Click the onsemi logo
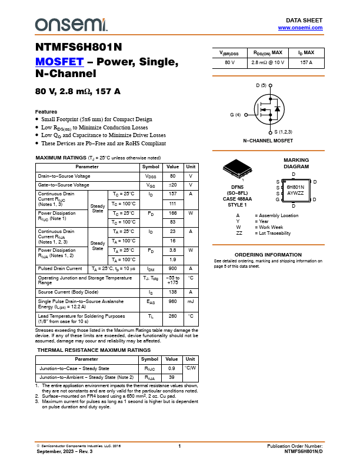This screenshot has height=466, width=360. [x=71, y=24]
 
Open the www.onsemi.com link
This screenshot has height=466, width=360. [x=300, y=28]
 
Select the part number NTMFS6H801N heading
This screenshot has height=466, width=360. [x=79, y=48]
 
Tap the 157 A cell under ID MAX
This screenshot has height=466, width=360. [x=306, y=62]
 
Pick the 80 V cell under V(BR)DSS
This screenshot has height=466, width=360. [x=229, y=62]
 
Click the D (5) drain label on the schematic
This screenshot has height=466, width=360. [x=261, y=85]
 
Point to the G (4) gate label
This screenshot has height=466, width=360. [x=235, y=115]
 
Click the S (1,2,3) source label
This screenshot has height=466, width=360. [x=284, y=132]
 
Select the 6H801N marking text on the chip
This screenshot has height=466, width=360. [x=295, y=187]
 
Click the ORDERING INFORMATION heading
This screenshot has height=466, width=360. [x=268, y=255]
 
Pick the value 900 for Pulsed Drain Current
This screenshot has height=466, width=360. [x=172, y=268]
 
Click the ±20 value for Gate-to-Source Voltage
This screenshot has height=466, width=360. [x=172, y=185]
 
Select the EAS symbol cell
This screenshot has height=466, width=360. [x=150, y=301]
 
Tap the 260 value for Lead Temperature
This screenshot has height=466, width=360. [x=172, y=316]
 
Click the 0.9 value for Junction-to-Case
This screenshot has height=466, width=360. [x=172, y=368]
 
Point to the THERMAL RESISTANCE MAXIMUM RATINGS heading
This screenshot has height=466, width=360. [x=94, y=350]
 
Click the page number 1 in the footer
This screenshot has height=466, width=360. [x=179, y=447]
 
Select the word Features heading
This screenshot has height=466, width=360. [x=46, y=112]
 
